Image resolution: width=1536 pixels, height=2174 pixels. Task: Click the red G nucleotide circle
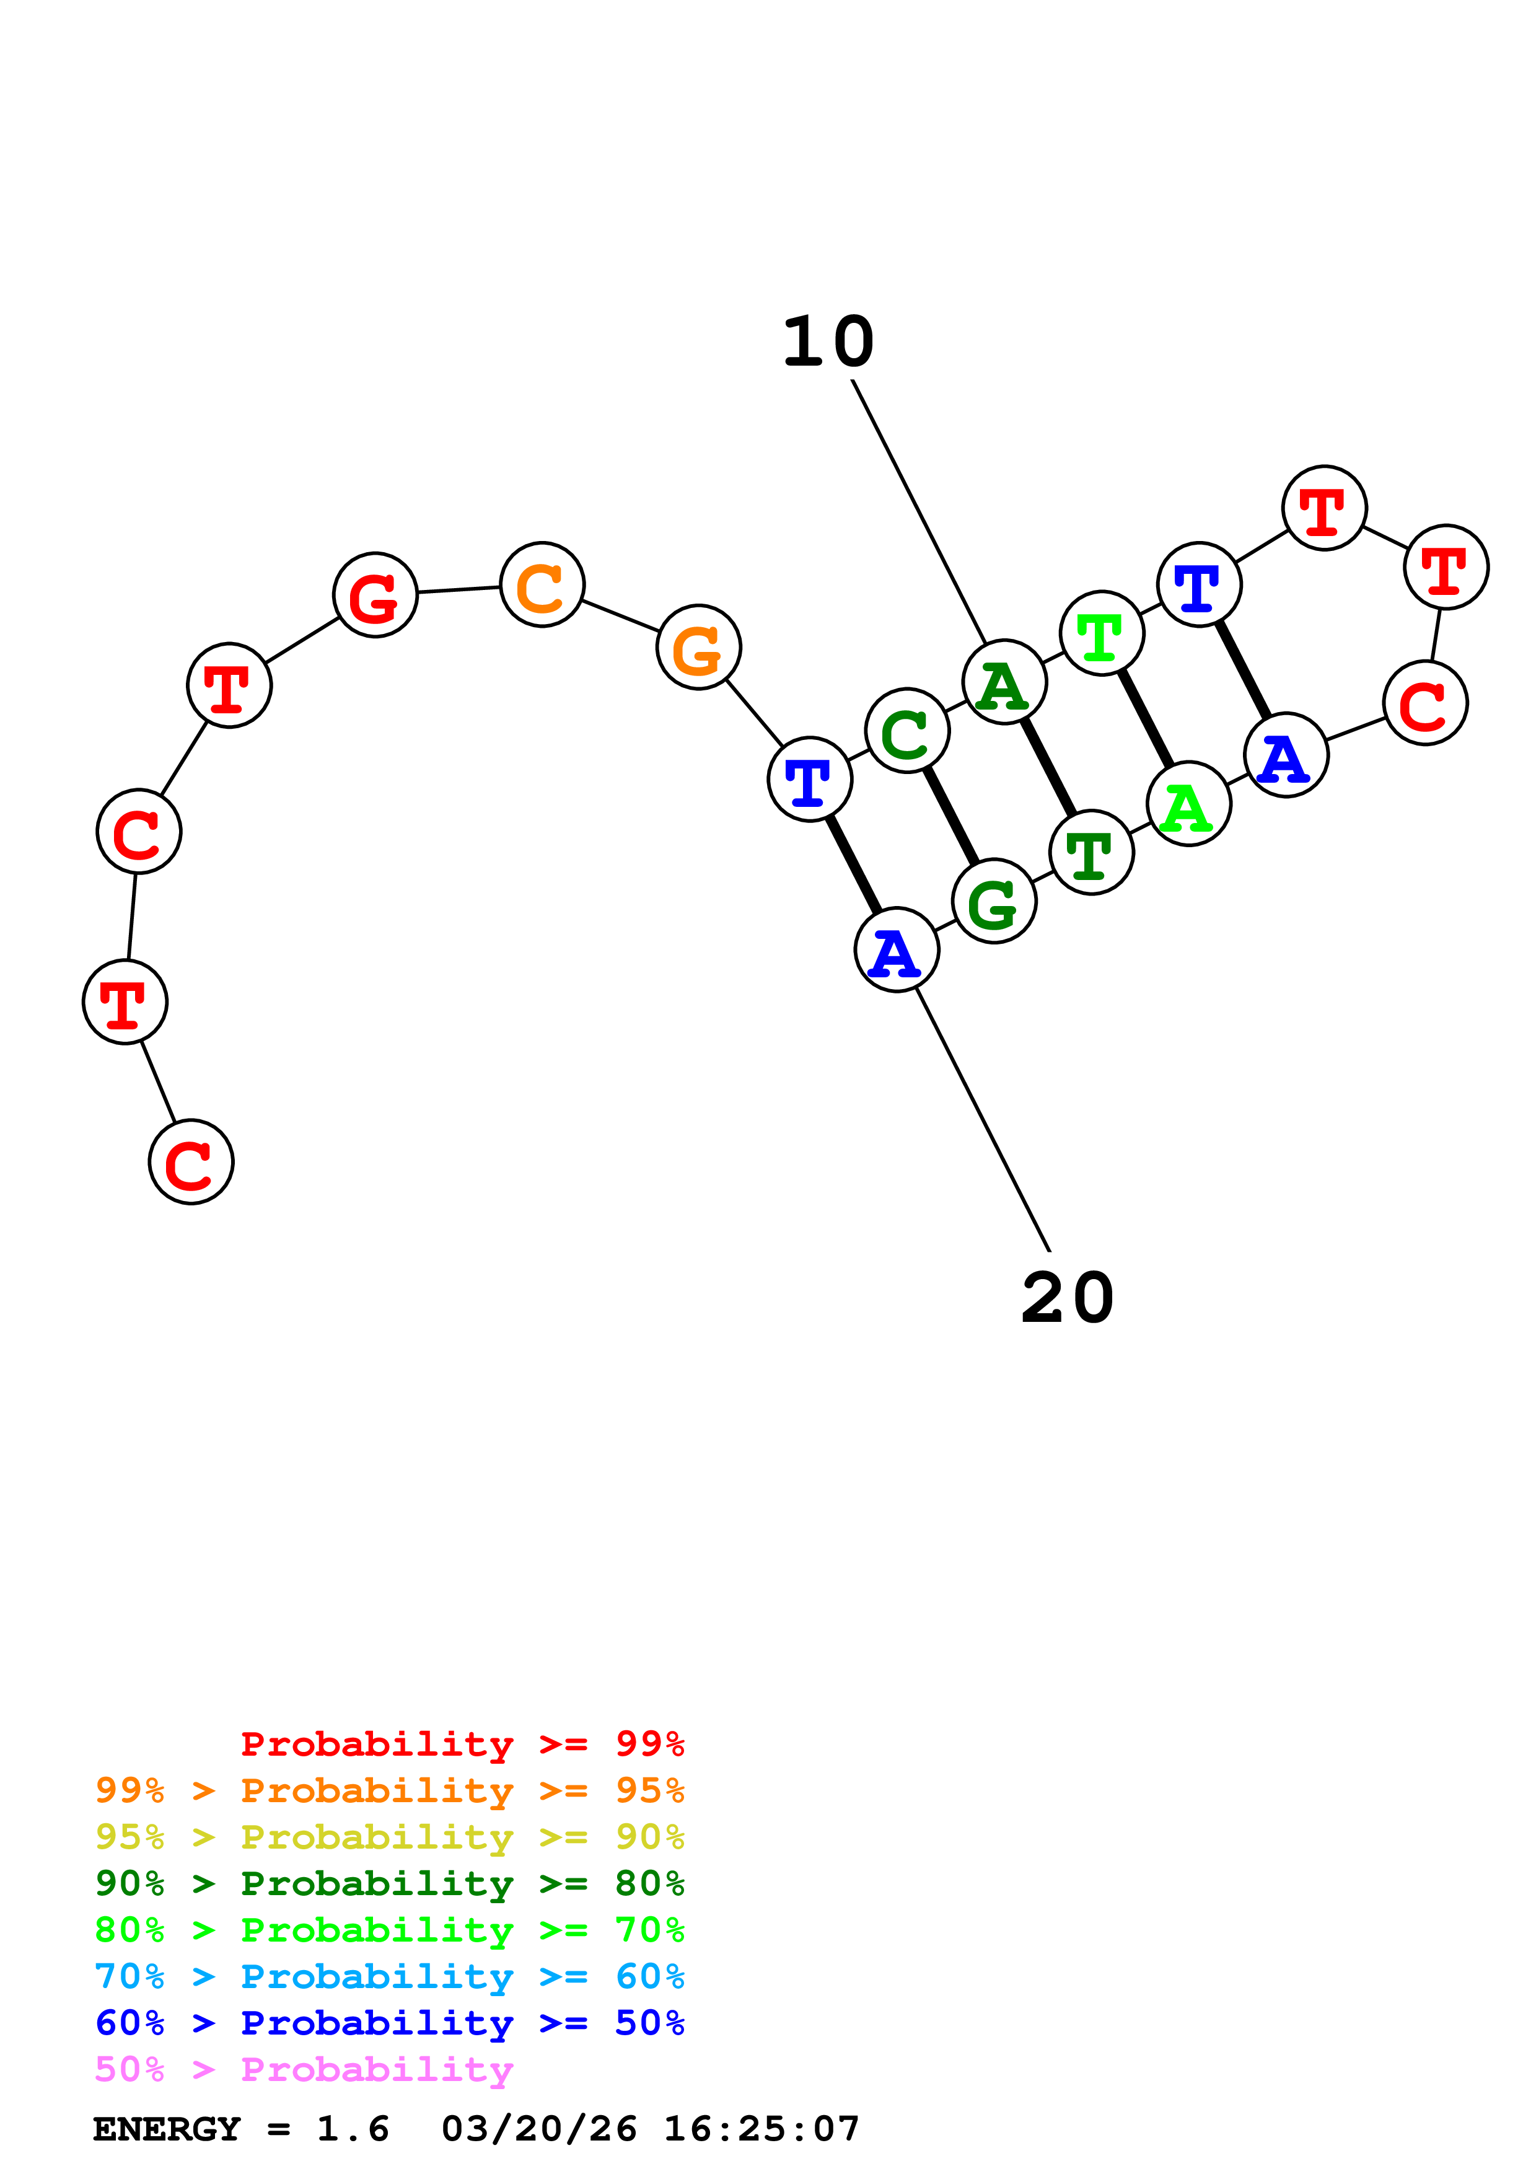pyautogui.click(x=375, y=595)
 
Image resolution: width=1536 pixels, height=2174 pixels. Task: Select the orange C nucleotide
pyautogui.click(x=542, y=584)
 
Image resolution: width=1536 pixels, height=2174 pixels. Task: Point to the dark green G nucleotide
pyautogui.click(x=994, y=902)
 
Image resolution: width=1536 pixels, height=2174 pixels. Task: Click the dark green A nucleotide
pyautogui.click(x=1004, y=682)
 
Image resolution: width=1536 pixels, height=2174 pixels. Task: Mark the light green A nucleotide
pyautogui.click(x=1188, y=804)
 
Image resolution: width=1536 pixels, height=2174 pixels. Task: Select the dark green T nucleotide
pyautogui.click(x=1091, y=852)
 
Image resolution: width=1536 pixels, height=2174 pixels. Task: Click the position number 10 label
pyautogui.click(x=828, y=342)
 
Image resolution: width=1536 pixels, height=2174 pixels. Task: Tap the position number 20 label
pyautogui.click(x=1068, y=1298)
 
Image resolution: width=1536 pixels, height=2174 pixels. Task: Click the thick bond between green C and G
pyautogui.click(x=951, y=816)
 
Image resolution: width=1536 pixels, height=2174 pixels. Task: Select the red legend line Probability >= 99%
pyautogui.click(x=462, y=1743)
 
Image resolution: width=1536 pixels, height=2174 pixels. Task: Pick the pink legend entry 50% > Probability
pyautogui.click(x=304, y=2070)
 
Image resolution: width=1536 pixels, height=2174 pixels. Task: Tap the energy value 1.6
pyautogui.click(x=352, y=2129)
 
